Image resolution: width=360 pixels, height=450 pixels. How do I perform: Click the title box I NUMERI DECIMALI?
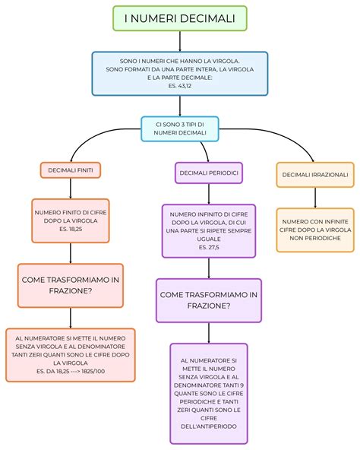point(180,18)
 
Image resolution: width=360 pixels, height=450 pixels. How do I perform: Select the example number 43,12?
point(185,86)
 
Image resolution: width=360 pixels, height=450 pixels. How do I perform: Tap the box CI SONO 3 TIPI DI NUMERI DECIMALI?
point(180,129)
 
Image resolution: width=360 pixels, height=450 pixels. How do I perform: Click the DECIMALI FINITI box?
point(71,170)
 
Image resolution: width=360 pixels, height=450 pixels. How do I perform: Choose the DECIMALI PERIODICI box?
point(209,173)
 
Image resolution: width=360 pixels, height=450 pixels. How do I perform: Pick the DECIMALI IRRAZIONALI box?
point(315,175)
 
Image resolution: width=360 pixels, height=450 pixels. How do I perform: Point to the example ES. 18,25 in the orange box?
point(71,229)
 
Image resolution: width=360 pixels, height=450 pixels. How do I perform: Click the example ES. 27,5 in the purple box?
point(209,247)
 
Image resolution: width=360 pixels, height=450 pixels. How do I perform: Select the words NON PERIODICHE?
point(315,238)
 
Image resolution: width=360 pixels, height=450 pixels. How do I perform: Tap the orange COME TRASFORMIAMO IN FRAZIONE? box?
point(71,286)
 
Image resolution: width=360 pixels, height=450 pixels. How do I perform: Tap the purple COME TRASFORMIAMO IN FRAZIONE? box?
point(209,300)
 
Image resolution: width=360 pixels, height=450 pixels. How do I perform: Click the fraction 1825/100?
point(93,372)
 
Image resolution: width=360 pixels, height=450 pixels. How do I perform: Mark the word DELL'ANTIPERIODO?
point(209,426)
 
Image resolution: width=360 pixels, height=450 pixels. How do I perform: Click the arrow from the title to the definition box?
point(180,41)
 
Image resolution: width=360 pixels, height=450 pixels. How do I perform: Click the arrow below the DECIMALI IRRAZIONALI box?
point(315,198)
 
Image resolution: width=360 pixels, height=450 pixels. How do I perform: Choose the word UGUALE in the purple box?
point(209,239)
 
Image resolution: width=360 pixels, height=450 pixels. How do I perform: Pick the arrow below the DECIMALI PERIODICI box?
point(209,194)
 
